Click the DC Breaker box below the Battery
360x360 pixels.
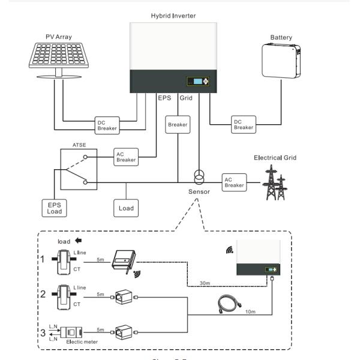(243, 124)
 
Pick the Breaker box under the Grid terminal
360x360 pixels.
(178, 125)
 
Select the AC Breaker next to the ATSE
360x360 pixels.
(125, 156)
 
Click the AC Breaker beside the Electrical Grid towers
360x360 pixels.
(234, 182)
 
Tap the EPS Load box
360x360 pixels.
(55, 208)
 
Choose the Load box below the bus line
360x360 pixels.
(125, 208)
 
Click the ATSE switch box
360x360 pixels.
(78, 168)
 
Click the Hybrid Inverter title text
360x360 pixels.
(173, 14)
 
